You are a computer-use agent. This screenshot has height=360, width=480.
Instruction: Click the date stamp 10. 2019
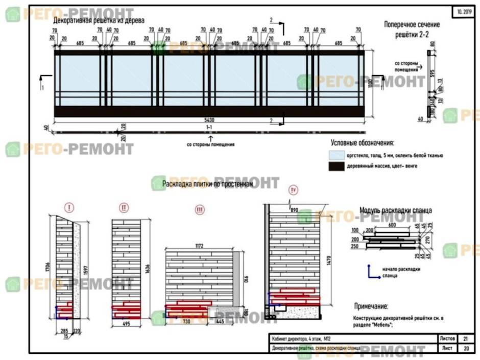pos(463,11)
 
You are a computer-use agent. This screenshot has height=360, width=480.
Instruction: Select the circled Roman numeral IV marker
pos(294,190)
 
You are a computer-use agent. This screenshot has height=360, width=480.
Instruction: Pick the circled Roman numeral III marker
pos(200,210)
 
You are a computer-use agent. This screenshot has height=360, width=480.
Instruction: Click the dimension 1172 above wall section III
pos(199,246)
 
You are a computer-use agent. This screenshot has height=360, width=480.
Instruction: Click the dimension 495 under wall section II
pos(126,323)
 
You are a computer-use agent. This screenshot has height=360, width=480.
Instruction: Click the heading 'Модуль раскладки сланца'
pos(396,210)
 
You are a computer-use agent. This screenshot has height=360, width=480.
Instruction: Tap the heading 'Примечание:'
pos(371,306)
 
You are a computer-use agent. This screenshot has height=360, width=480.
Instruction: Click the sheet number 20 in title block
pos(465,348)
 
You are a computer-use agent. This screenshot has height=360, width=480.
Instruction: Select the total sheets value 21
pos(465,338)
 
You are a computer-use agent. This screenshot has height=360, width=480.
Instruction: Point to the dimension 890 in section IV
pos(294,210)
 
